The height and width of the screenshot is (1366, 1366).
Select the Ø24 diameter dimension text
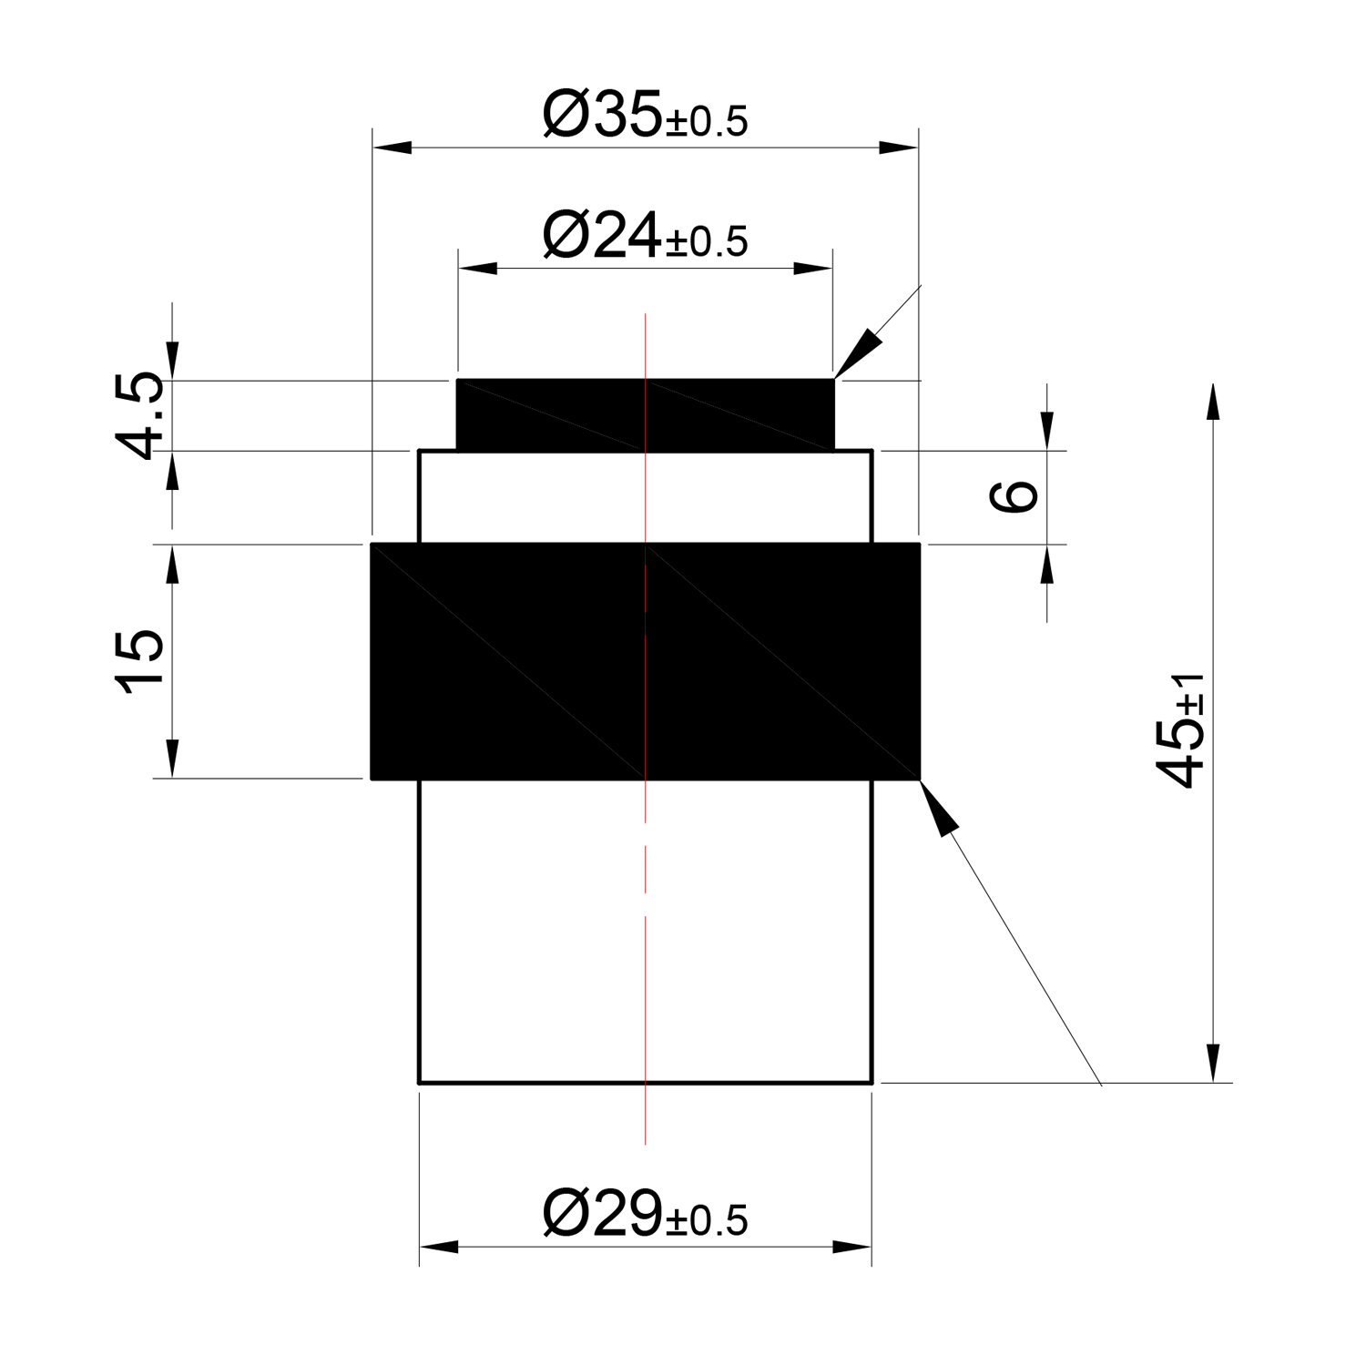[x=645, y=236]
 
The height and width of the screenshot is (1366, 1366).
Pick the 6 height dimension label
[x=1012, y=496]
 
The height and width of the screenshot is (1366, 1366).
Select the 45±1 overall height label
[x=1179, y=729]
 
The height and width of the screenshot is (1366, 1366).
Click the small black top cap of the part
[x=645, y=414]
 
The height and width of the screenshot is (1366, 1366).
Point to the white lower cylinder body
[x=646, y=933]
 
